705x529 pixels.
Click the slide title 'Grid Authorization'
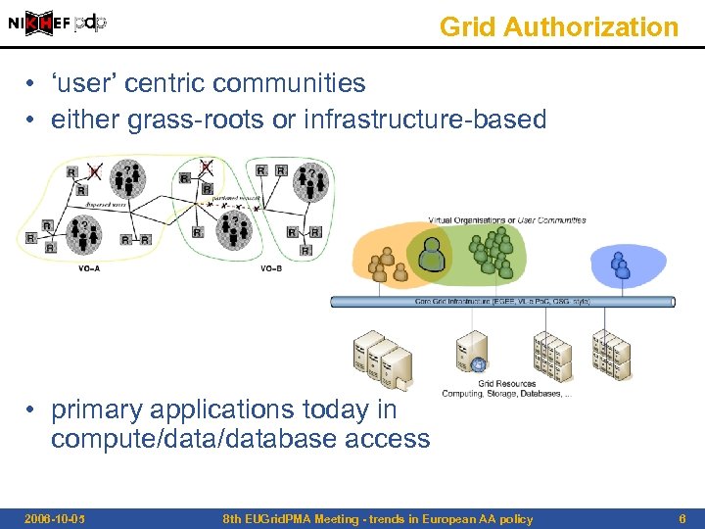(558, 27)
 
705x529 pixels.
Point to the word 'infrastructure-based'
(425, 120)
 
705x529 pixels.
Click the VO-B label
(271, 267)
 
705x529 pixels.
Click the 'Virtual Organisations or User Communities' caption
(506, 220)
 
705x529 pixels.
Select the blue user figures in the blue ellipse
(619, 264)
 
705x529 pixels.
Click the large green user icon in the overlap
(431, 258)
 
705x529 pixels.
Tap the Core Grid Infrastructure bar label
(502, 302)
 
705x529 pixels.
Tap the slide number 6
(681, 519)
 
